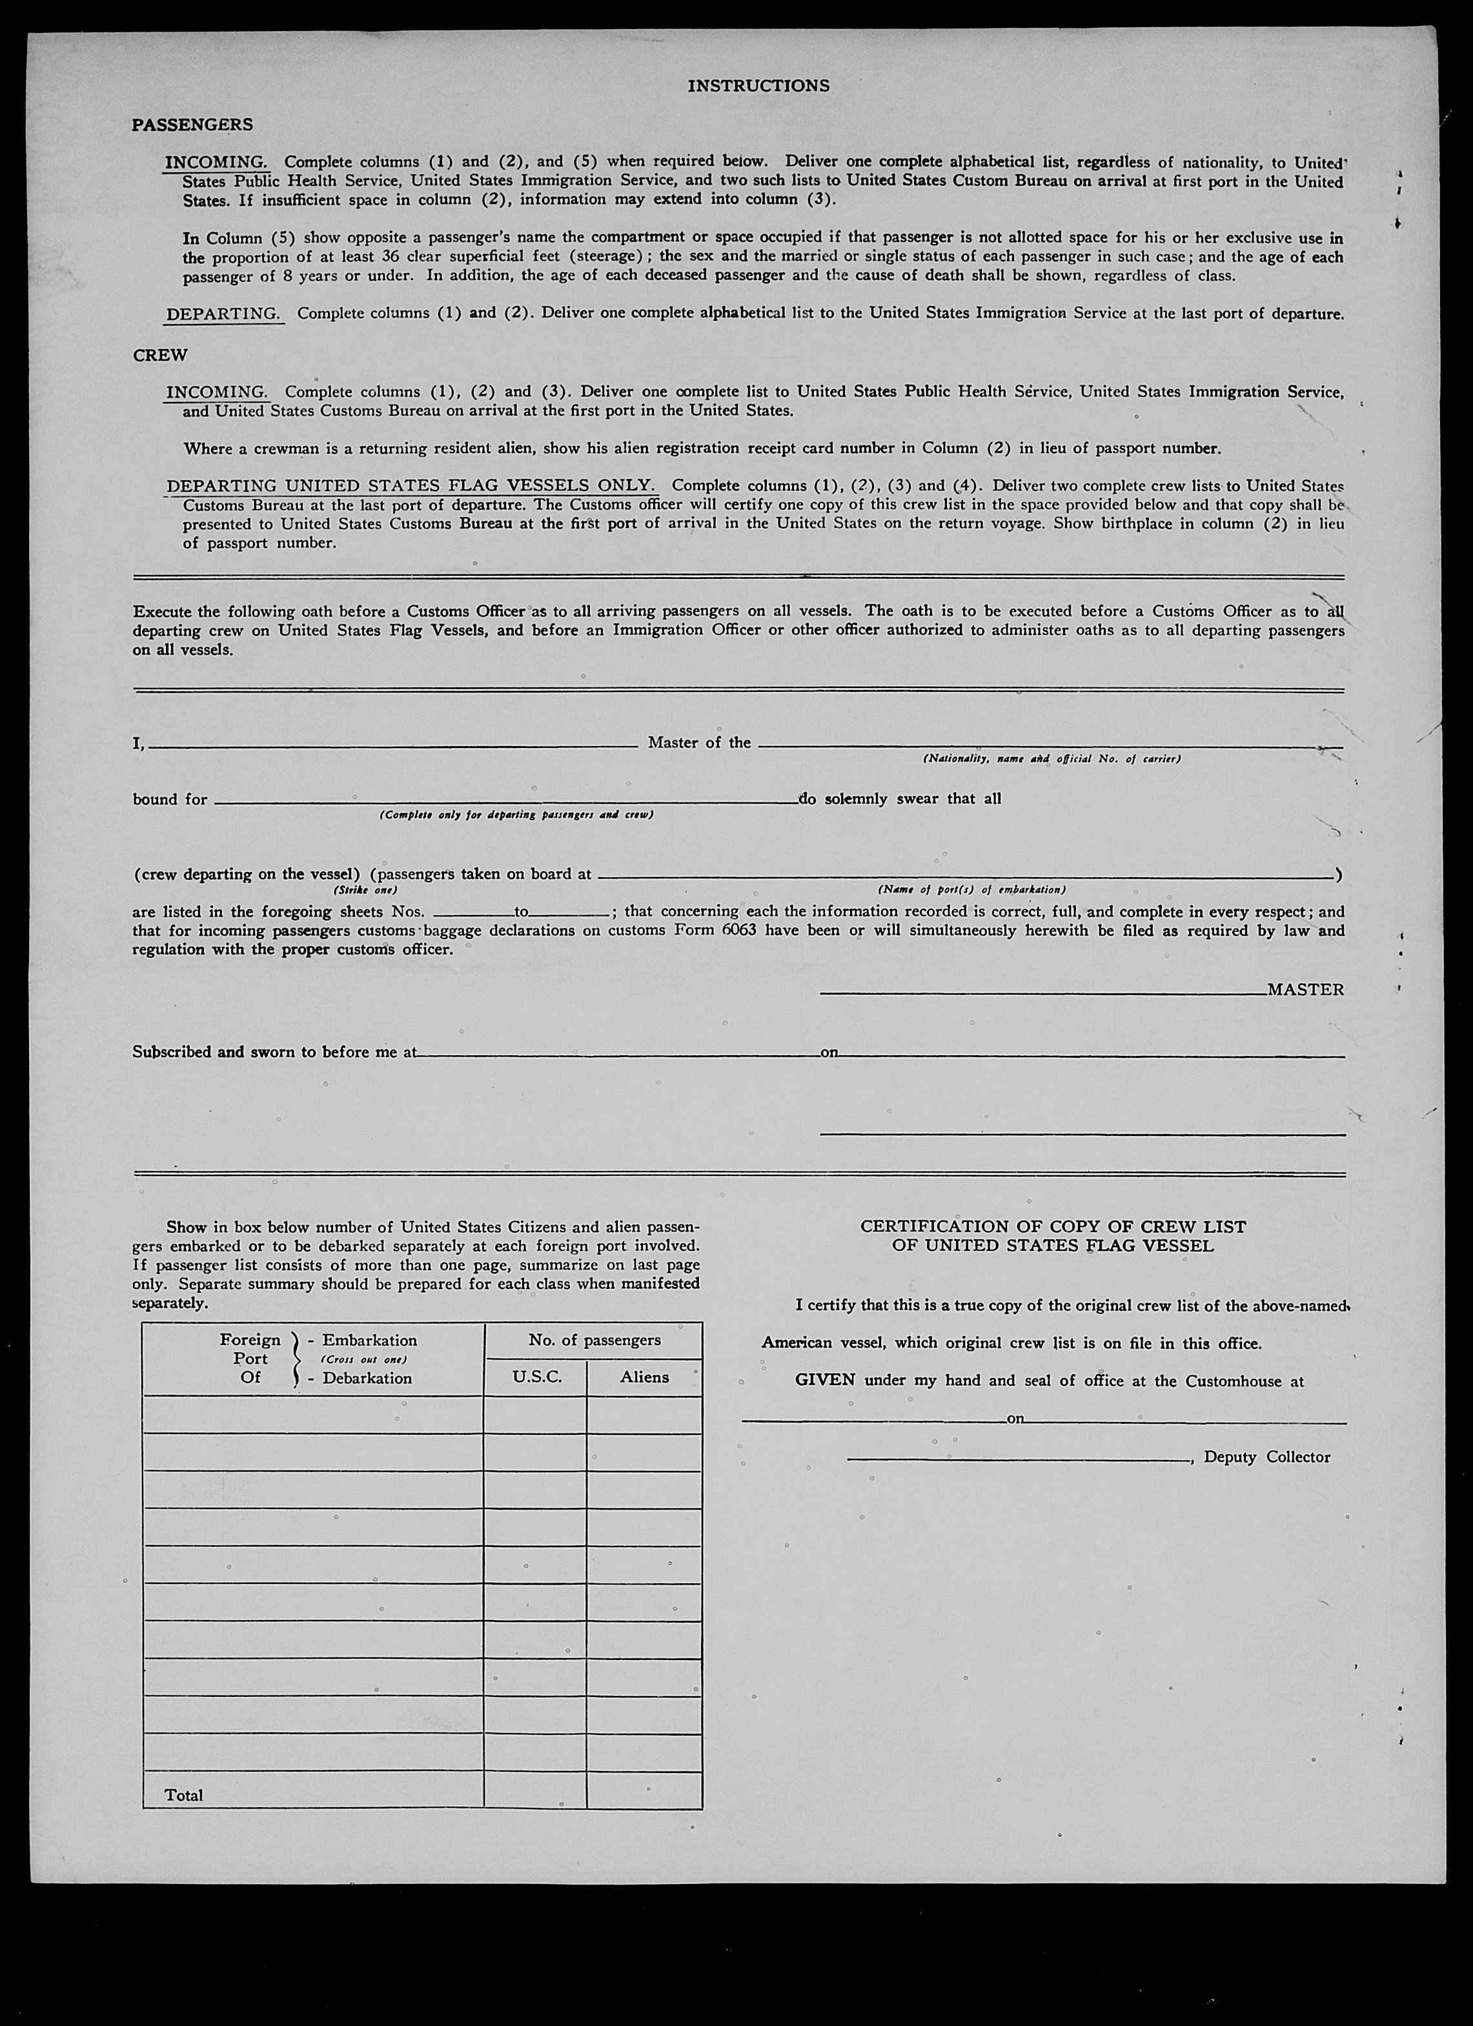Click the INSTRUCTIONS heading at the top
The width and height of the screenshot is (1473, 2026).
758,86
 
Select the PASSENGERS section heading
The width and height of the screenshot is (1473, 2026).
192,125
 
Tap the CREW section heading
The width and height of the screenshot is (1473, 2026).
160,356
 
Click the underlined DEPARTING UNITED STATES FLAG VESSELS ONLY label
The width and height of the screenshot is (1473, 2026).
411,486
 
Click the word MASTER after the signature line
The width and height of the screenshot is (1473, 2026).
1305,990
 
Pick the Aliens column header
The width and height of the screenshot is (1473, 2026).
644,1377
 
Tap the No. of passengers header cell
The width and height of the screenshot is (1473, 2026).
594,1340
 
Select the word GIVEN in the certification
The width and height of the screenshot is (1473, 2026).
824,1380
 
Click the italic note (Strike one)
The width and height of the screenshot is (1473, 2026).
365,891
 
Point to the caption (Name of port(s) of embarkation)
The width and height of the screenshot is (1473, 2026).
971,891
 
